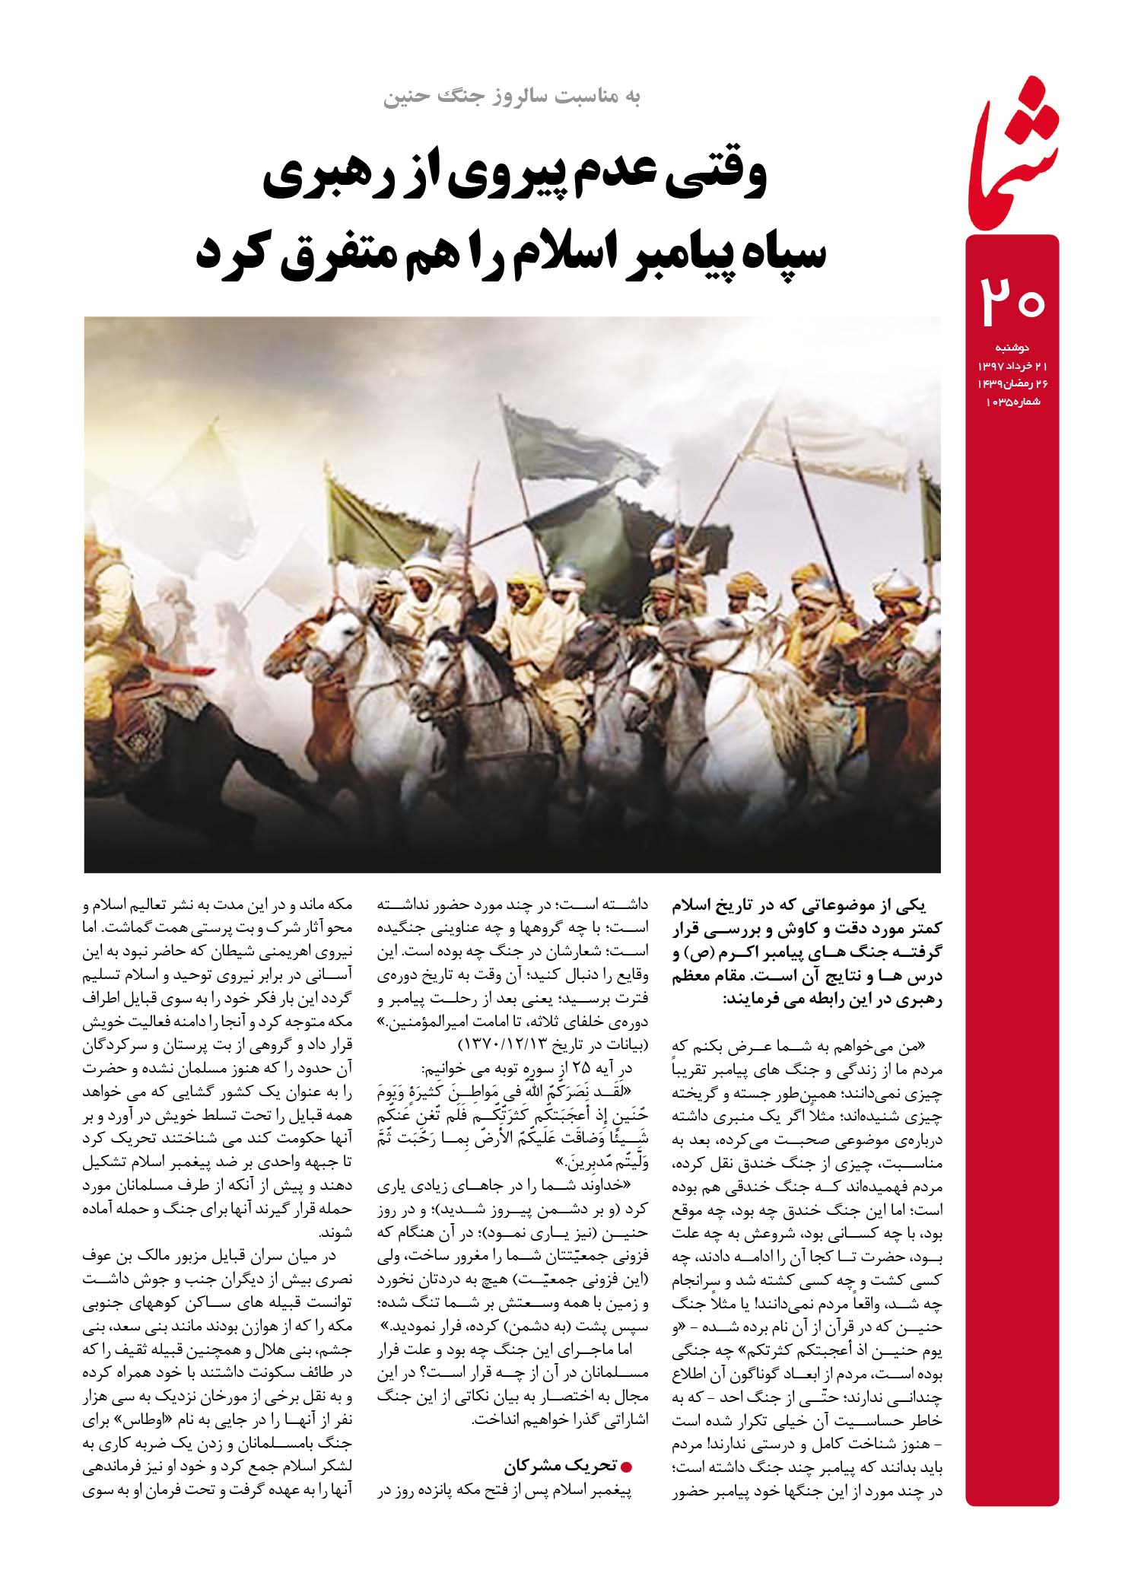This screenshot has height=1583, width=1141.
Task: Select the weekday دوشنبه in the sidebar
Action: click(1012, 348)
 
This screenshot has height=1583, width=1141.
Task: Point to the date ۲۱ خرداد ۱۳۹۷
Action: click(1003, 367)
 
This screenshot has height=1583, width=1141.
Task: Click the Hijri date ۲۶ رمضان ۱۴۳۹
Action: click(1003, 385)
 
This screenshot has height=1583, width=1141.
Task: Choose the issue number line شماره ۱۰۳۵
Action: click(1009, 402)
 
